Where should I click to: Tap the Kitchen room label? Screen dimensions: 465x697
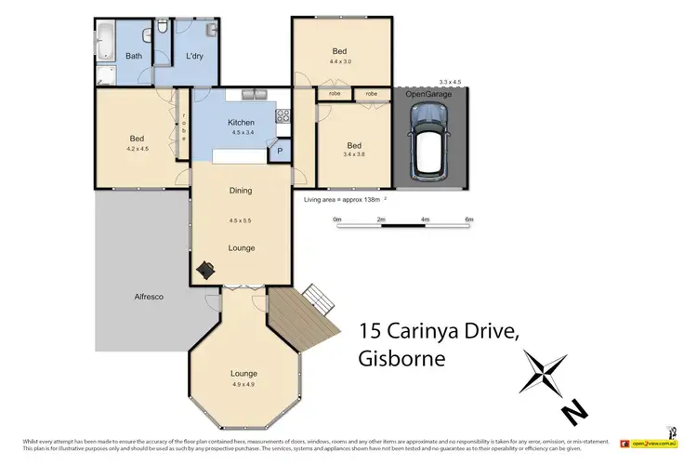coord(241,123)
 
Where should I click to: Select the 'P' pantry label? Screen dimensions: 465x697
coord(280,152)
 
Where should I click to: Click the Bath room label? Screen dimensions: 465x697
coord(134,57)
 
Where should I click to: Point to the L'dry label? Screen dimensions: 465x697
coord(194,57)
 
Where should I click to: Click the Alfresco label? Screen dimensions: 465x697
coord(149,296)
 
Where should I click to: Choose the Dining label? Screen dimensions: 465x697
coord(241,191)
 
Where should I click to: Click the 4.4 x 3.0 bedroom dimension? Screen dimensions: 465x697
coord(339,62)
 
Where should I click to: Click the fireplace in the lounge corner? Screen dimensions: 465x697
coord(205,269)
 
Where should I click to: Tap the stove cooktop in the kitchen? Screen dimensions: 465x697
coord(282,117)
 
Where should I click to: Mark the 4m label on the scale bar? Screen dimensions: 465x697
coord(425,219)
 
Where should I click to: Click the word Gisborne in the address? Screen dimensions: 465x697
coord(401,358)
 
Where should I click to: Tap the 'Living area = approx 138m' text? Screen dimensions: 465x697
coord(343,200)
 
